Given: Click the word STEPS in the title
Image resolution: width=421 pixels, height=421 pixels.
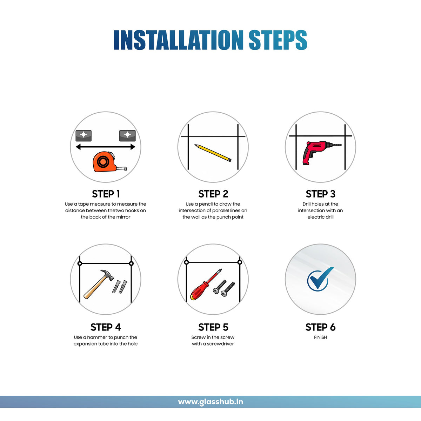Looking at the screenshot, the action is pos(278,40).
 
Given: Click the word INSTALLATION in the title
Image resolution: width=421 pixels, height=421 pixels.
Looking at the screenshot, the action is pos(179,40).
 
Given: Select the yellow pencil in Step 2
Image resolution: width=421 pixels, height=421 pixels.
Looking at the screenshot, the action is pos(213,153).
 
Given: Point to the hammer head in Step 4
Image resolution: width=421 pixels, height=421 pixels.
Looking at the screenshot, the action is pos(107,275).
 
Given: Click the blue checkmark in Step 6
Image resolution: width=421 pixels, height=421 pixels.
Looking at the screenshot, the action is pos(320,279).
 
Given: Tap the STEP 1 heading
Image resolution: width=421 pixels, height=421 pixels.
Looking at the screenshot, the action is pos(106,194).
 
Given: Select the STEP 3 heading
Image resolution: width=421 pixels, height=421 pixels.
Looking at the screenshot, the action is pos(321,194).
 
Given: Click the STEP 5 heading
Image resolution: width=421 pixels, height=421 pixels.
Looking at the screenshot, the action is pos(213,327).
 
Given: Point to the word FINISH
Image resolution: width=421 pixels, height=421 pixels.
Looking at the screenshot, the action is pos(321,337).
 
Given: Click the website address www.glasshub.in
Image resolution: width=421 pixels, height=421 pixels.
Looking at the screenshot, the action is pos(210,402).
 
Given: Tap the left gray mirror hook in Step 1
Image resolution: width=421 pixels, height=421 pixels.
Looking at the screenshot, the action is pos(83,136).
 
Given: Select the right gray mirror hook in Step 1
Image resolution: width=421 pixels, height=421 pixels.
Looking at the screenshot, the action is pos(127,136).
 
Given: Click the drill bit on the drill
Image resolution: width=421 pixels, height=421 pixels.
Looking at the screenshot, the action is pos(336,145).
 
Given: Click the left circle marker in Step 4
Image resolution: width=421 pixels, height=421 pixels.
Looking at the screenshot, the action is pos(80,263).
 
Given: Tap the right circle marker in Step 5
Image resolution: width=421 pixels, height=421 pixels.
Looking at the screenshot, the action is pos(240,262).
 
